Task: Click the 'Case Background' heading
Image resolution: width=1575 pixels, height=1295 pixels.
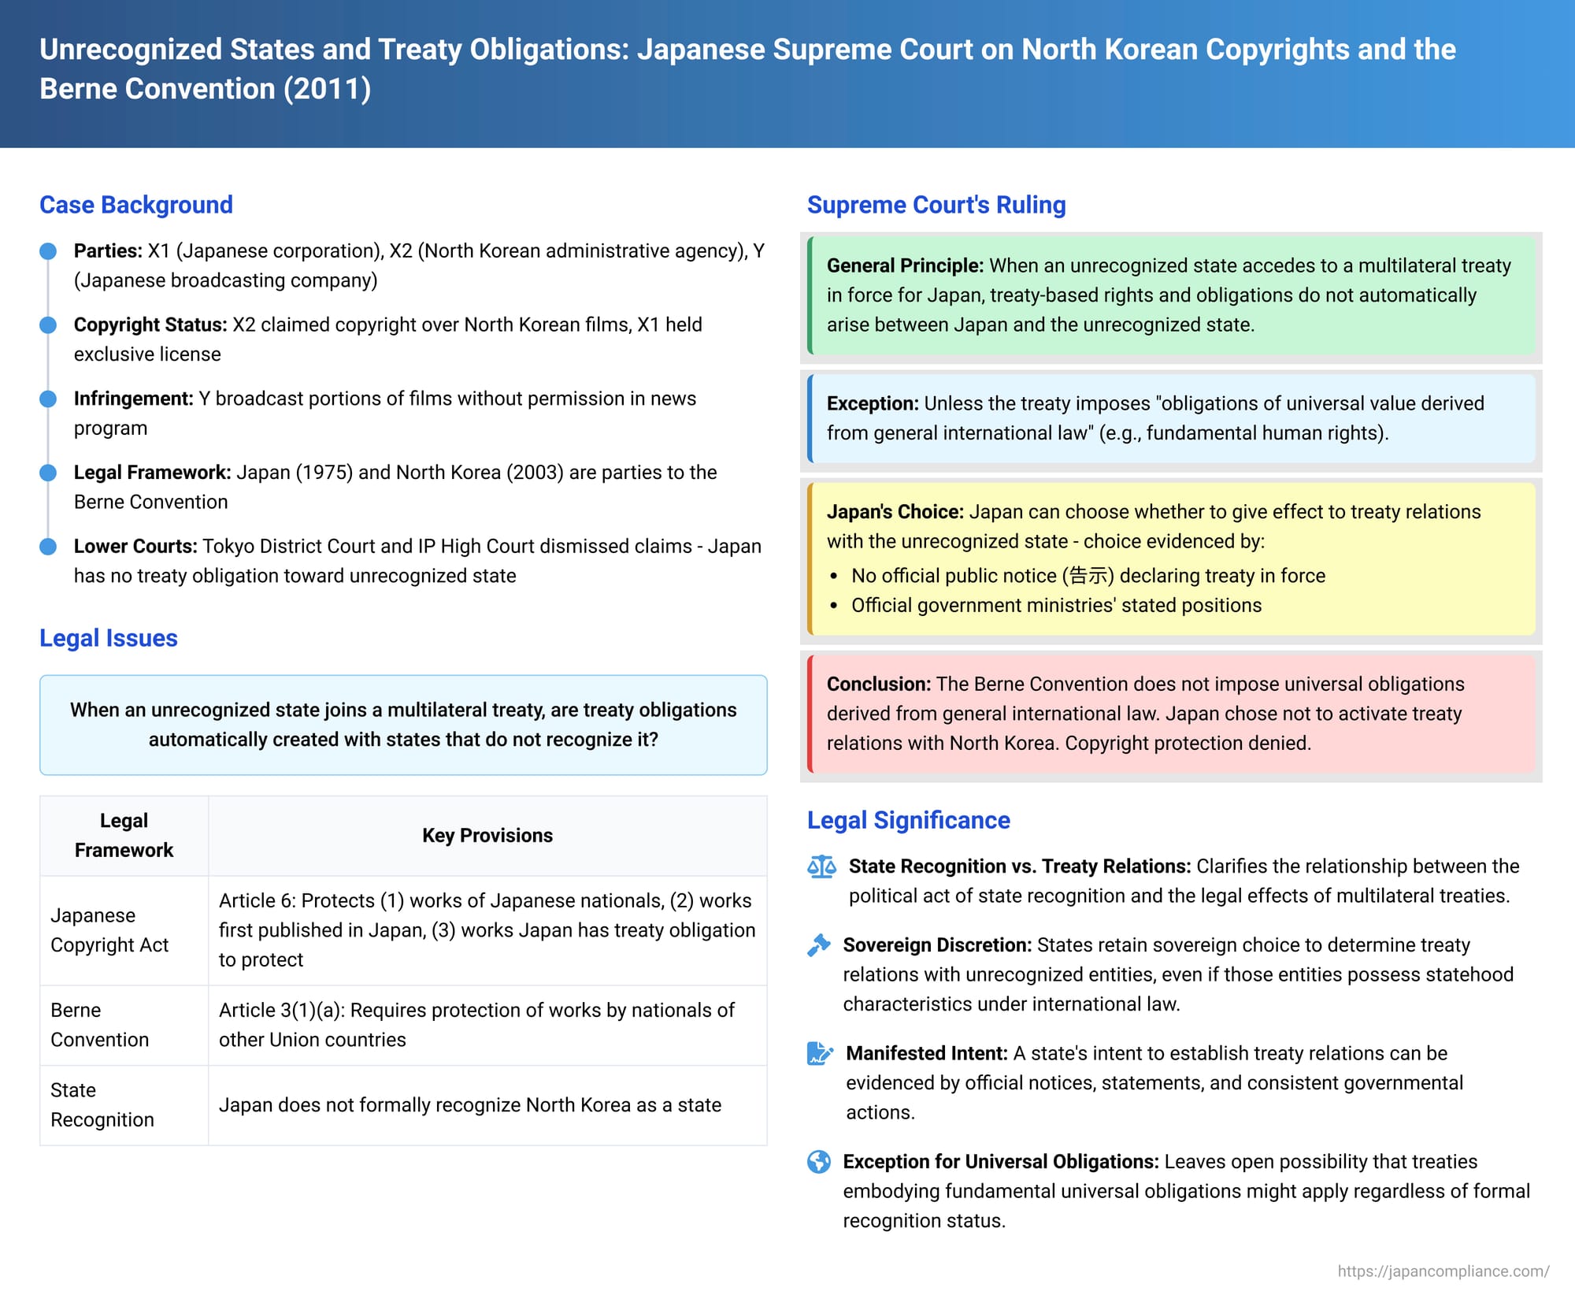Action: point(136,205)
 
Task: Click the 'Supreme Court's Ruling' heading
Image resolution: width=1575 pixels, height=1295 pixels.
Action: point(936,205)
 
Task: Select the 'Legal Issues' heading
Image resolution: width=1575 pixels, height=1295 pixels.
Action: point(109,638)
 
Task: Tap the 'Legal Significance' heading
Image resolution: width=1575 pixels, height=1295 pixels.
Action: point(908,820)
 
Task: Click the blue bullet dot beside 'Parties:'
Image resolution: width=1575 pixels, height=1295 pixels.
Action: point(48,251)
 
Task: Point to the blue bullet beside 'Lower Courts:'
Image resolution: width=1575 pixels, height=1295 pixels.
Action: point(48,547)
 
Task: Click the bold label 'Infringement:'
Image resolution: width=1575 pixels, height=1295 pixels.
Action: point(133,399)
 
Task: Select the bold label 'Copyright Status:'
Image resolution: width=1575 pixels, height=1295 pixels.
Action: point(150,325)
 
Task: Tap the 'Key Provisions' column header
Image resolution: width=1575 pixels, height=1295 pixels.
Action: point(487,835)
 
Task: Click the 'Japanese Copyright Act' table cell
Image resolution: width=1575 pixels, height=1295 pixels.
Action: point(109,930)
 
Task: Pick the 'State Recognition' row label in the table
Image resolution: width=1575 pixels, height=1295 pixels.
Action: point(102,1104)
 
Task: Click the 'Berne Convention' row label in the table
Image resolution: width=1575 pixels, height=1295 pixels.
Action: point(99,1024)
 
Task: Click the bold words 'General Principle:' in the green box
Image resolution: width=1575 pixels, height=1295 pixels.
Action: point(905,265)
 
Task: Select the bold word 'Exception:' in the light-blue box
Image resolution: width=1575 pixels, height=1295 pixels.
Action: point(873,403)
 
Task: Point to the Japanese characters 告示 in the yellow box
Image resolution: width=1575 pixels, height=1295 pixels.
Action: point(1088,576)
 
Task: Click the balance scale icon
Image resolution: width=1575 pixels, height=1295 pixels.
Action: point(821,867)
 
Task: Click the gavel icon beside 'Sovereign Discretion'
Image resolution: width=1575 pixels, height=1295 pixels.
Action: point(819,945)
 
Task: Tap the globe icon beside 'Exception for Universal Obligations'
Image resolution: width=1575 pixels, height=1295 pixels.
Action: point(819,1162)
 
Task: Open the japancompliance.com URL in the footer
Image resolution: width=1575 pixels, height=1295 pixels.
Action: point(1443,1271)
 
